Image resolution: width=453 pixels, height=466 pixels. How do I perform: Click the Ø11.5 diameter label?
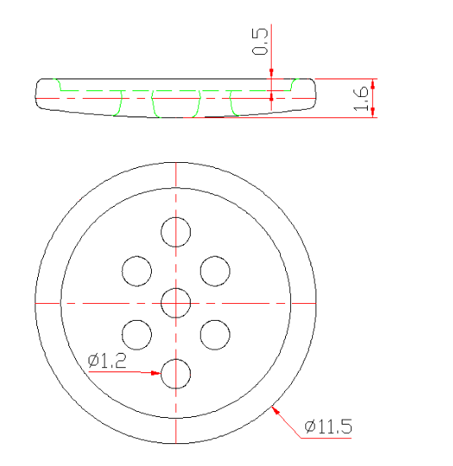(327, 426)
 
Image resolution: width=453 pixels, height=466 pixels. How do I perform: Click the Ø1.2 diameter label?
(107, 360)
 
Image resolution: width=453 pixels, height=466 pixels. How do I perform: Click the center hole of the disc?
(175, 302)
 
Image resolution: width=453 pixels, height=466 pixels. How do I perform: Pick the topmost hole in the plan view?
(175, 231)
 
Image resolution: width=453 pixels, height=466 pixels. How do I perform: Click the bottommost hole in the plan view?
(175, 373)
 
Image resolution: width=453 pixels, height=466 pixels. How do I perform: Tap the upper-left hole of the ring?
(137, 270)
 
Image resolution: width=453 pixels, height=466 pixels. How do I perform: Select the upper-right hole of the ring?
(214, 270)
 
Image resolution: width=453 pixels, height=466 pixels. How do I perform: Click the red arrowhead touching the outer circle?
(276, 409)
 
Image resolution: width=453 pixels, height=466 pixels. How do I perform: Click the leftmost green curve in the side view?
(58, 84)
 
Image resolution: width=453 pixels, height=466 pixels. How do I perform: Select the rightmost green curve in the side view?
(294, 84)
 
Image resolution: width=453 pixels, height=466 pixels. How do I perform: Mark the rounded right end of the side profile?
(316, 95)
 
